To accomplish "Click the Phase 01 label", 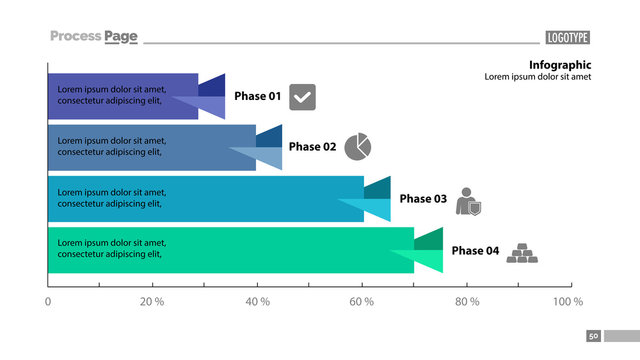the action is [x=257, y=96].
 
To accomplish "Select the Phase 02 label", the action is [x=312, y=147].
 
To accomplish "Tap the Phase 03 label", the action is [x=423, y=199].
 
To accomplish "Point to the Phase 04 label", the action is [x=475, y=251].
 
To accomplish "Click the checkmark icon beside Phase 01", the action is [x=302, y=97].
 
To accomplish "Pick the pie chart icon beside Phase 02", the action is [x=358, y=147].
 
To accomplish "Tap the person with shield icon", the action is [x=468, y=201].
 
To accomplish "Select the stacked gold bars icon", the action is [x=521, y=253].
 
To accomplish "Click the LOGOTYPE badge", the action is [x=567, y=38].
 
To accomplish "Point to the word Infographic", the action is [x=560, y=64].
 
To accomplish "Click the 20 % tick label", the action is [x=152, y=301].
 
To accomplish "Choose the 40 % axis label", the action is [x=257, y=301].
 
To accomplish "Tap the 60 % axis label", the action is [x=361, y=301].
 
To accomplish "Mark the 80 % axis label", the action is [x=466, y=301].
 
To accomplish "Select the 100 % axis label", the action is [x=568, y=301].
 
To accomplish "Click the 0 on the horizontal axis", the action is [x=48, y=301].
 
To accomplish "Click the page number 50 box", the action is [x=593, y=337].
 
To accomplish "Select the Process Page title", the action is [x=93, y=37].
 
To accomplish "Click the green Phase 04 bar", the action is [x=230, y=250].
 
